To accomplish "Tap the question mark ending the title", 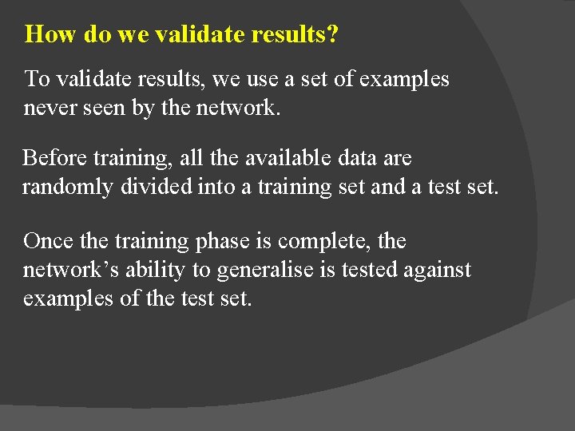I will [x=333, y=34].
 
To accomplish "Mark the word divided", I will [x=155, y=187].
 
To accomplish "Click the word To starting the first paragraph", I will [x=37, y=79].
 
